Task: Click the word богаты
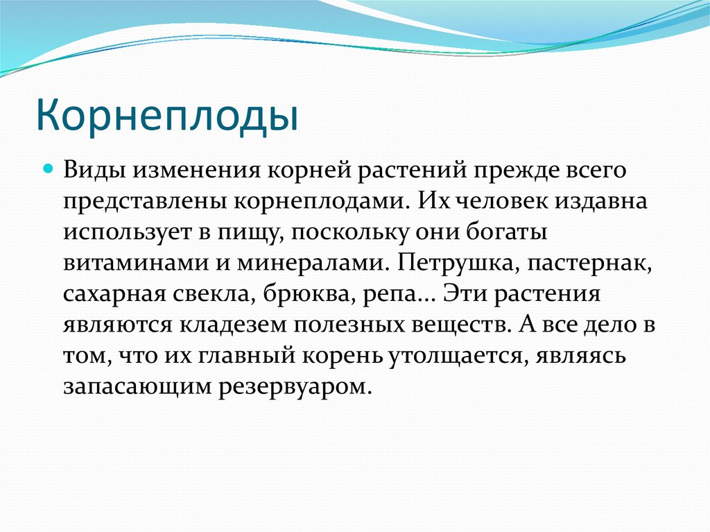pos(512,232)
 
